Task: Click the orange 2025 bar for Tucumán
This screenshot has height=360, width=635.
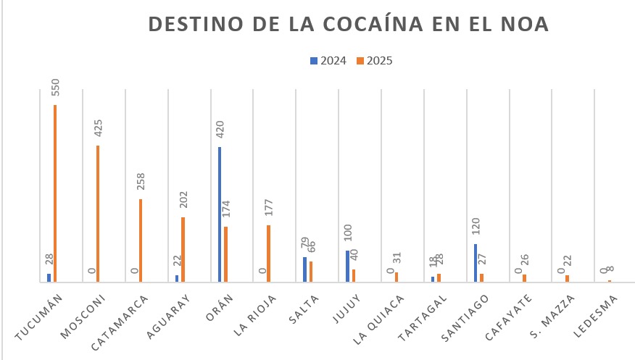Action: [x=55, y=193]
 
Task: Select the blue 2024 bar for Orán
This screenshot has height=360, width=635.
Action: [x=220, y=214]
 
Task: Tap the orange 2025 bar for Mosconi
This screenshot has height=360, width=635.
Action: [x=98, y=214]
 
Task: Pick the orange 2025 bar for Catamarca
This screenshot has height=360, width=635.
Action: [x=141, y=240]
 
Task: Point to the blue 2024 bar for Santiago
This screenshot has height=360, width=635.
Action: [x=476, y=263]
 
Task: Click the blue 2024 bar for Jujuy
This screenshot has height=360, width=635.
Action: [x=348, y=266]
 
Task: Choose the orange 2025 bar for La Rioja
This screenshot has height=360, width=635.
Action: [x=268, y=254]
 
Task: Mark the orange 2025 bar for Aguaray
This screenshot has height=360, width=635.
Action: [x=183, y=249]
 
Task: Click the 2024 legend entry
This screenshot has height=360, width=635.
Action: [x=328, y=61]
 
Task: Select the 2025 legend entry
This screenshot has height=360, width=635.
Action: [x=375, y=61]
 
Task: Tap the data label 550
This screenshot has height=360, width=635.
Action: [x=56, y=88]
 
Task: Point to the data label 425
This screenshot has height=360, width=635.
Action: [x=99, y=129]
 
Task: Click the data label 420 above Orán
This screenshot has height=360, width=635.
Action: [x=220, y=130]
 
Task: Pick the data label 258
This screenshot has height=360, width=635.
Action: [x=141, y=183]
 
